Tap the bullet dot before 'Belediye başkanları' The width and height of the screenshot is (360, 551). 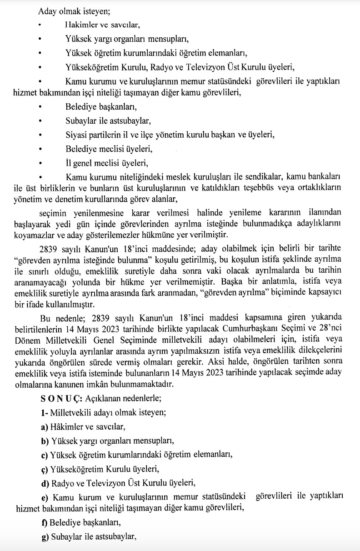pyautogui.click(x=40, y=108)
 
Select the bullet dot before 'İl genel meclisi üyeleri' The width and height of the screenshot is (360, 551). pyautogui.click(x=40, y=162)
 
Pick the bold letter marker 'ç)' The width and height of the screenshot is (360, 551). pyautogui.click(x=44, y=468)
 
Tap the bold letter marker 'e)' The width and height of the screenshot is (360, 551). pyautogui.click(x=44, y=496)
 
